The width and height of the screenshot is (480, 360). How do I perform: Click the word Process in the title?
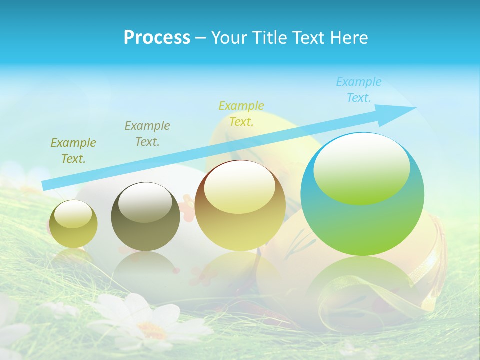point(157,38)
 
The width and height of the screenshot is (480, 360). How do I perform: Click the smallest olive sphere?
point(73,224)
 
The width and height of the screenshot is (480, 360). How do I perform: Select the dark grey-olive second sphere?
point(145,217)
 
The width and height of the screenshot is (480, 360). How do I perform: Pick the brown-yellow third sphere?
point(240,206)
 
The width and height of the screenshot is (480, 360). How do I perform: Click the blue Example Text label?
point(359,90)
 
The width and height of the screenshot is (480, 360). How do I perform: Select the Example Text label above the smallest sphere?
point(73,151)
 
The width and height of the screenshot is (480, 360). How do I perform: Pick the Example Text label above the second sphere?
point(147,134)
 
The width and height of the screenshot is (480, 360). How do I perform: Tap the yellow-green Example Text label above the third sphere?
point(241,113)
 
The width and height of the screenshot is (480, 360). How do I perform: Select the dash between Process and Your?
point(201,38)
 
